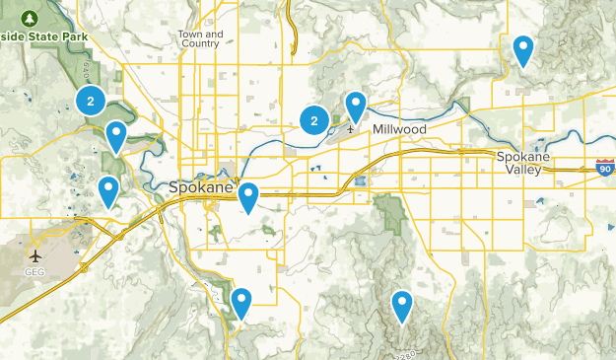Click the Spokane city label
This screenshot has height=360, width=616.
coord(200,187)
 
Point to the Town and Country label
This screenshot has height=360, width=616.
coord(200,38)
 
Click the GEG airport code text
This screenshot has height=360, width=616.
coord(35,271)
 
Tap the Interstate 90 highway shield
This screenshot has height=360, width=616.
coord(605,169)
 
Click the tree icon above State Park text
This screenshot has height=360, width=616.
coord(30,19)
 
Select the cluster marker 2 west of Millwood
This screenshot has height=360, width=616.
coord(314,121)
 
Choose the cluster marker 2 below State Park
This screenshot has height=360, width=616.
coord(91,100)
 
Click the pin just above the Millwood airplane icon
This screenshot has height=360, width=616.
coord(355,105)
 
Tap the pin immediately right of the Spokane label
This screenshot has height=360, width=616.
coord(249,196)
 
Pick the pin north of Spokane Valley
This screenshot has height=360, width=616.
coord(523,48)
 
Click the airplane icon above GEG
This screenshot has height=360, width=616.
coord(35,255)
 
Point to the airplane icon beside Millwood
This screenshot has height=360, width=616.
coord(350,128)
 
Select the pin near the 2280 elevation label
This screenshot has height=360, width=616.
coord(401,305)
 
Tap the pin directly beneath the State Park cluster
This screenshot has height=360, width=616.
coord(116,136)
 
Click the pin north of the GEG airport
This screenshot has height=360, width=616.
coord(108,189)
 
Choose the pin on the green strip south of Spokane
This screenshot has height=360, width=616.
coord(240,301)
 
